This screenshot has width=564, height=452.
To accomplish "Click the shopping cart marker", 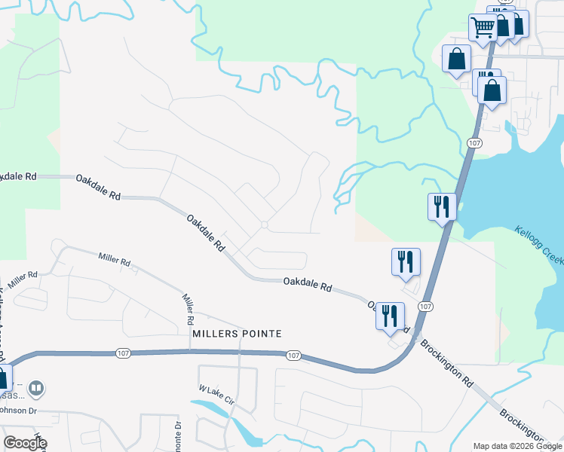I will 483,29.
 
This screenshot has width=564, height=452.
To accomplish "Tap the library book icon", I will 36,389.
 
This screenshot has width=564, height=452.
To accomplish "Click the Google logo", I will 24,443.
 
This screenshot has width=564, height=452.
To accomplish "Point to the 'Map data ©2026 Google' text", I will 517,446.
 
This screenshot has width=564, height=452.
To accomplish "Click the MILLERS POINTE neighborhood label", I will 225,333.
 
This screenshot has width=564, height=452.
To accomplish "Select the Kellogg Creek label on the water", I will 538,244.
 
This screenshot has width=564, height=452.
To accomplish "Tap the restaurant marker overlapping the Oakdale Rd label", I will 390,316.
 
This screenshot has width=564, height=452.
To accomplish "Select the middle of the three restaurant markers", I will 406,261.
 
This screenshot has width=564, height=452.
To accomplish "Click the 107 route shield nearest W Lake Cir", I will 294,354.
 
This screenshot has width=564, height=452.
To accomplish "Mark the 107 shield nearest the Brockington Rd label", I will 425,306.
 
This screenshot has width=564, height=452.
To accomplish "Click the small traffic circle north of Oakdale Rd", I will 264,224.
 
